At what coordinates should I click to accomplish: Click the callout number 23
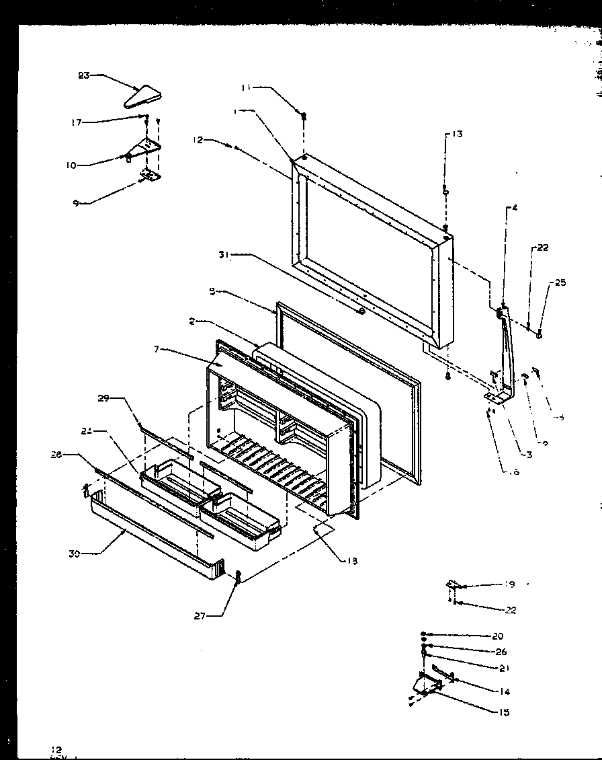83,75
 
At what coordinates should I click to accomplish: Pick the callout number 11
246,87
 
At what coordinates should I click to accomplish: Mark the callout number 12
198,140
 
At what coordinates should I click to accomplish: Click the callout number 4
514,208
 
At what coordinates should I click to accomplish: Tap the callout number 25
560,282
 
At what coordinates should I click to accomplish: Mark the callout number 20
497,636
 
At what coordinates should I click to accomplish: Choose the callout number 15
504,712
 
